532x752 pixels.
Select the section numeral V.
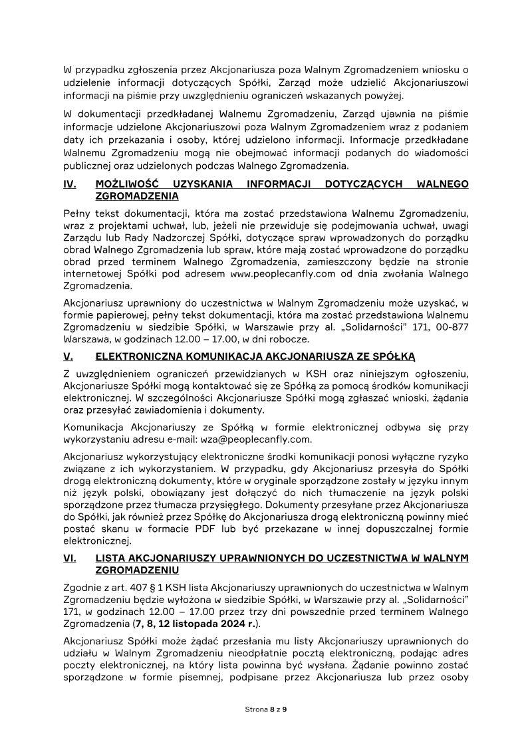tap(68, 356)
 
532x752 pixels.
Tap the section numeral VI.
tap(70, 559)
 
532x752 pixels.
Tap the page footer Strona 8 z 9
tap(266, 709)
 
